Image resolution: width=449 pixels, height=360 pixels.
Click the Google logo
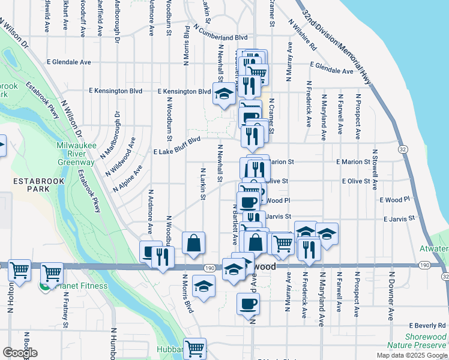[x=20, y=353]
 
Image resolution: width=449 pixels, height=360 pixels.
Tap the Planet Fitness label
[x=80, y=285]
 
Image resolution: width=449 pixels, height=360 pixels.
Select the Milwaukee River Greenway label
[x=76, y=154]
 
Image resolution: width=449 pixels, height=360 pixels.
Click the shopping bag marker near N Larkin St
[x=194, y=244]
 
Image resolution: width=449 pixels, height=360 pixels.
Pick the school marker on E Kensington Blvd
[x=224, y=94]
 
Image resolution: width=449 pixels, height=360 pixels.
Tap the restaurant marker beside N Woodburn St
[x=163, y=256]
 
